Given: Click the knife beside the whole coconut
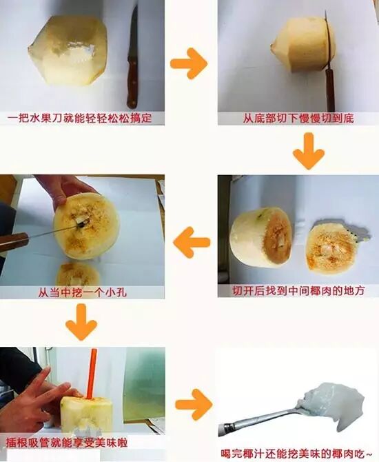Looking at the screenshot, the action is tap(133, 59).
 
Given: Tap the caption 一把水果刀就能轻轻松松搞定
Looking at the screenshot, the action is tap(79, 119).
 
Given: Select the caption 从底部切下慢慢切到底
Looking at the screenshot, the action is tap(298, 119).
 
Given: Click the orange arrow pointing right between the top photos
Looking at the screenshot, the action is tap(189, 63).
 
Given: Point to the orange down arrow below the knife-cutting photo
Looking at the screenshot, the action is tap(309, 151).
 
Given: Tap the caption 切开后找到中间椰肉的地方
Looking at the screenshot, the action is tap(298, 291).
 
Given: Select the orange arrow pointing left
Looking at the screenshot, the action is tap(192, 242).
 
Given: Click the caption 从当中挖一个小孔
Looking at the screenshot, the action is tap(82, 292).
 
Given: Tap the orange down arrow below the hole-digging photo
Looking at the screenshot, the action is tap(81, 322).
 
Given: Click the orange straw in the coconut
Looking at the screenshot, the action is tap(91, 373).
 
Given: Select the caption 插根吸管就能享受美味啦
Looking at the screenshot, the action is tap(67, 442).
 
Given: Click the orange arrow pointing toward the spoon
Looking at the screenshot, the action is tap(194, 404).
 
